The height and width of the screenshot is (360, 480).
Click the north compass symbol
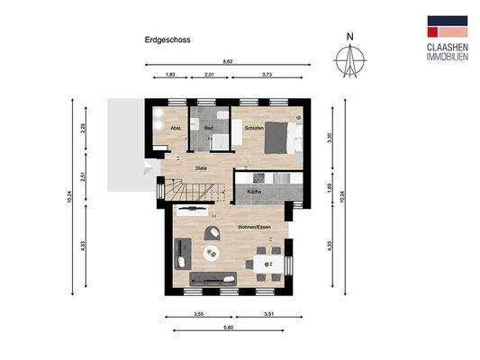[x=352, y=59]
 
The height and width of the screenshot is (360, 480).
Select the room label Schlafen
[x=255, y=129]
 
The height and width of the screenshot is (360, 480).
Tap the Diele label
[x=201, y=167]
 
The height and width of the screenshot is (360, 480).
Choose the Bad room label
[x=209, y=129]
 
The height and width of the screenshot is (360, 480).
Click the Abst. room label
[x=176, y=129]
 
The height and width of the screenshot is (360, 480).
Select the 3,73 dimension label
[x=266, y=76]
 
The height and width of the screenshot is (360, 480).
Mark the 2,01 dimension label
[x=209, y=76]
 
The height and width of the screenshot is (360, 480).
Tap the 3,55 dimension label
[x=196, y=314]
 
